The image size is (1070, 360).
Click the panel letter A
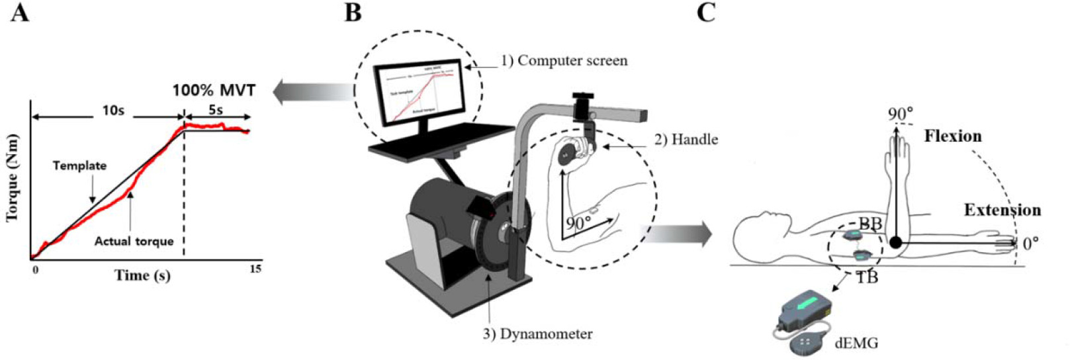tap(20, 13)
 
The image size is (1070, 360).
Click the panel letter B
tap(353, 13)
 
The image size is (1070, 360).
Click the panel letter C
tap(706, 13)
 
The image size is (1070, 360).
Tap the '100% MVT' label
tap(214, 90)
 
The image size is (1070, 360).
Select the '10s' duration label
tap(112, 111)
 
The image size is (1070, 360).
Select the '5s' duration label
tap(216, 111)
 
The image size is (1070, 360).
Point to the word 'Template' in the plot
tap(79, 165)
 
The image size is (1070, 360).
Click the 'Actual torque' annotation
tap(134, 242)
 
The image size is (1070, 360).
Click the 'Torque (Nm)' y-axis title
tap(13, 178)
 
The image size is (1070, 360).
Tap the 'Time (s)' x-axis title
tap(142, 275)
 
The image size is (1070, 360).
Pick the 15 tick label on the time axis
tap(255, 269)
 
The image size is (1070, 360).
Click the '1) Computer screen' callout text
tap(564, 61)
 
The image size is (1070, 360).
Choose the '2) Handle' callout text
tap(686, 139)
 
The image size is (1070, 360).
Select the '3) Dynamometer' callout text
tap(537, 334)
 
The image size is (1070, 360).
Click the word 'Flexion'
tap(953, 136)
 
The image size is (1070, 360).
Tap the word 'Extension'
tap(1002, 210)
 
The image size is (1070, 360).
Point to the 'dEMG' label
tap(857, 343)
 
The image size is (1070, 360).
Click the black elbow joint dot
tap(895, 243)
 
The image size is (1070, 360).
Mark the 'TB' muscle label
tap(867, 277)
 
